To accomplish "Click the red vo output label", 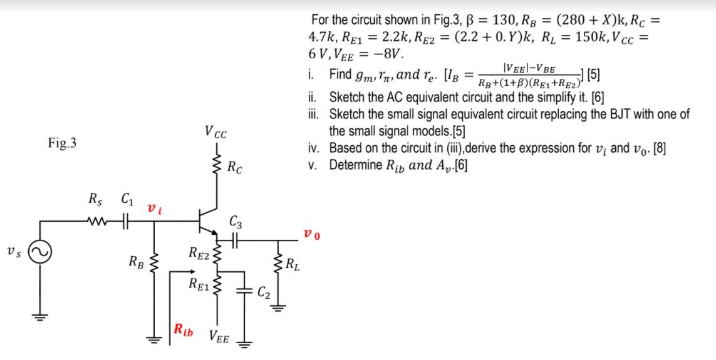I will (x=311, y=235).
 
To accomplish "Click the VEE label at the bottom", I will (x=219, y=339).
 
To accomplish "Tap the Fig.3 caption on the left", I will (x=62, y=143).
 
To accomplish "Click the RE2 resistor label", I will (x=199, y=254).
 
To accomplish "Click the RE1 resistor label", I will (x=199, y=284).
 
